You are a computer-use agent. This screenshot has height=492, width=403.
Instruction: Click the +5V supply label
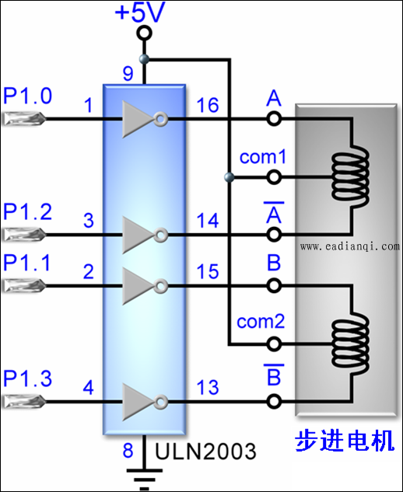(140, 12)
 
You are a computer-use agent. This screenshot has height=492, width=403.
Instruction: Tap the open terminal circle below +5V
(144, 33)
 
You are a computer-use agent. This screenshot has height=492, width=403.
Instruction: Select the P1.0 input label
(27, 96)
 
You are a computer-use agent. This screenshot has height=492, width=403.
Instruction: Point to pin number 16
(208, 105)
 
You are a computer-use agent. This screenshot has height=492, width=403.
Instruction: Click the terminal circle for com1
(274, 177)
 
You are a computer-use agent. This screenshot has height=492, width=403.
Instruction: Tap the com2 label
(261, 322)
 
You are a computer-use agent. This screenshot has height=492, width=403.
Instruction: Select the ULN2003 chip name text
(205, 452)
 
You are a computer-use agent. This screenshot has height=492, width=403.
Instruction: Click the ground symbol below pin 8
(144, 480)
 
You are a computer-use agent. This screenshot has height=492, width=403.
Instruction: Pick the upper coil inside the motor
(351, 176)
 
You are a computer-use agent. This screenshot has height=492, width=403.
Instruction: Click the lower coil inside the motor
(351, 344)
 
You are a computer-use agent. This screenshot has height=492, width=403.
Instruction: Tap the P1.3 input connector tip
(44, 401)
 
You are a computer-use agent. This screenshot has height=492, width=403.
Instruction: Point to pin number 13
(208, 388)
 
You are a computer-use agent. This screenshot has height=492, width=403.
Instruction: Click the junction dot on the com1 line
(230, 177)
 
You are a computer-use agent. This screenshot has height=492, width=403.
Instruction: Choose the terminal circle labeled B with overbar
(274, 401)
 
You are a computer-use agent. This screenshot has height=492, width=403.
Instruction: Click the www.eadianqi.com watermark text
(349, 246)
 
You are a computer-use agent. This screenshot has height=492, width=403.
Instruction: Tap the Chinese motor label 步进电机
(345, 441)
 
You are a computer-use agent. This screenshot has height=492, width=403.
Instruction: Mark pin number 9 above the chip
(128, 74)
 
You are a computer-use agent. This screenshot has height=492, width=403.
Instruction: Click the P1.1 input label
(26, 263)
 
